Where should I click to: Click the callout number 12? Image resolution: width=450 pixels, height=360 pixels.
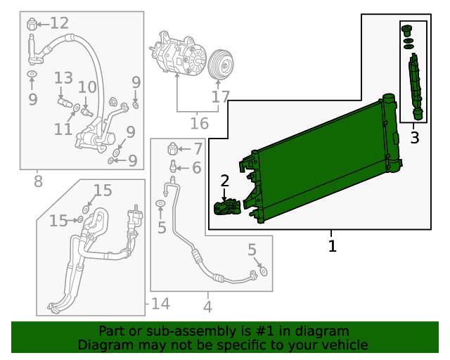click(x=59, y=23)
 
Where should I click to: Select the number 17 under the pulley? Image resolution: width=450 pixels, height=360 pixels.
click(x=220, y=96)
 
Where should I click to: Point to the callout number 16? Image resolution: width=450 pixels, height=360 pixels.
click(x=199, y=124)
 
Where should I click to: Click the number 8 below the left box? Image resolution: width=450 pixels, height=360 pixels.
click(x=37, y=182)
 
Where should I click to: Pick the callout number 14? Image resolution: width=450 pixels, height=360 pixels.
click(x=160, y=304)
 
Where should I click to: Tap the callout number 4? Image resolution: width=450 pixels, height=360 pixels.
click(x=207, y=307)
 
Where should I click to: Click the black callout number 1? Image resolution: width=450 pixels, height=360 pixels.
click(x=332, y=246)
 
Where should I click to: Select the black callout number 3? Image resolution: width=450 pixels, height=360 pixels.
click(x=415, y=138)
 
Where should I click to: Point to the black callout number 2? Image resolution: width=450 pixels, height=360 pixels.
click(x=225, y=181)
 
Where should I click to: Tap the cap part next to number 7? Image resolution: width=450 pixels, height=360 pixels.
click(x=172, y=148)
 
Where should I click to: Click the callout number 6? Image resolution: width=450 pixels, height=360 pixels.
click(x=196, y=167)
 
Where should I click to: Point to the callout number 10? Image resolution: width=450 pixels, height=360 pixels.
click(x=87, y=88)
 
